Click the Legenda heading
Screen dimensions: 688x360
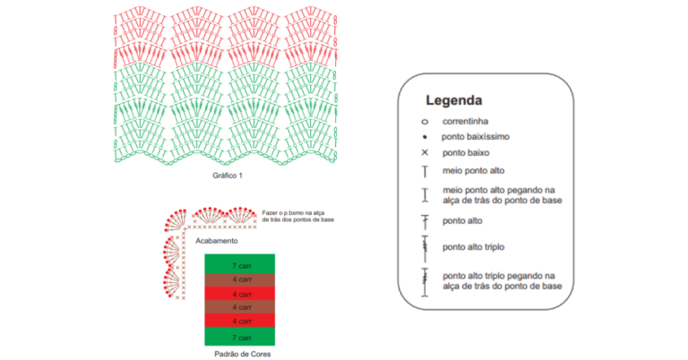click(x=453, y=100)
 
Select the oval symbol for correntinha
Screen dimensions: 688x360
click(x=425, y=122)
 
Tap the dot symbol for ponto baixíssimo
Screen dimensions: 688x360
click(x=425, y=137)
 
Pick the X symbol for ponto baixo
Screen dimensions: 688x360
click(x=425, y=152)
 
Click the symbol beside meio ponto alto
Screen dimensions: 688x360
click(x=425, y=171)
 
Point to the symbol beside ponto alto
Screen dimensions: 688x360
click(x=425, y=222)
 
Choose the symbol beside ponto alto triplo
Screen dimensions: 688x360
click(x=425, y=249)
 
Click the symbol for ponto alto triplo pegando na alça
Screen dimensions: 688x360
click(x=425, y=282)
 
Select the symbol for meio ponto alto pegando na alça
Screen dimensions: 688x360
click(x=425, y=195)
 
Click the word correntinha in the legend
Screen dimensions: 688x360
click(x=465, y=121)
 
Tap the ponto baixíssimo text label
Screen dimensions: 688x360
click(x=475, y=137)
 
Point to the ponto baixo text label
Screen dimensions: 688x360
click(x=466, y=152)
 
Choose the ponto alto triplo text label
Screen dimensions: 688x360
click(x=473, y=247)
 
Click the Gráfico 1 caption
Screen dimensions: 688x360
click(x=228, y=176)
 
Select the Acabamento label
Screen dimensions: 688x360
click(x=217, y=241)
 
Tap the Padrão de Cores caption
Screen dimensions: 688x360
click(x=242, y=354)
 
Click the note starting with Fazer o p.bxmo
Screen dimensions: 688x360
click(x=298, y=216)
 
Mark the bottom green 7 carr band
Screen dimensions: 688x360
click(x=239, y=337)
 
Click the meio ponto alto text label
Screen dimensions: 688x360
click(x=473, y=170)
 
